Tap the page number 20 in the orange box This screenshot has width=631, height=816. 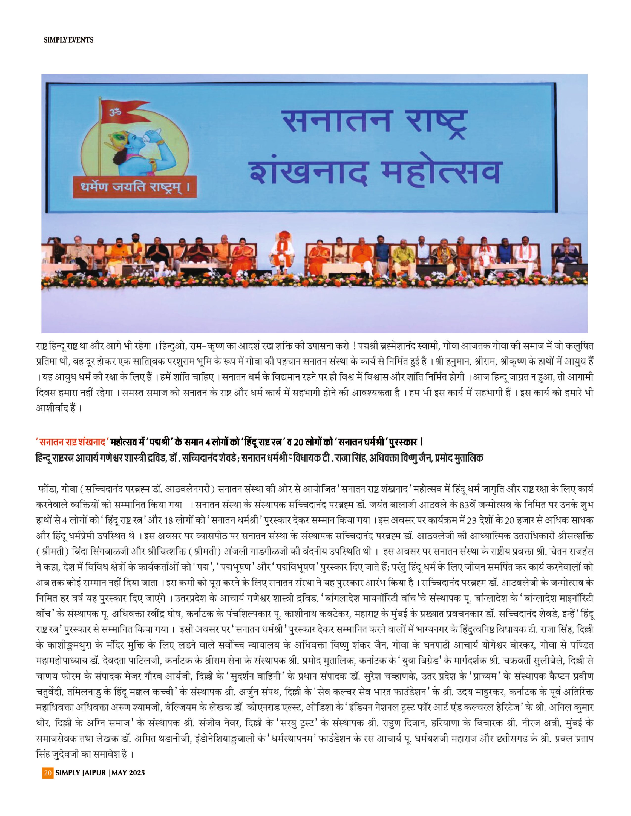[48, 804]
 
